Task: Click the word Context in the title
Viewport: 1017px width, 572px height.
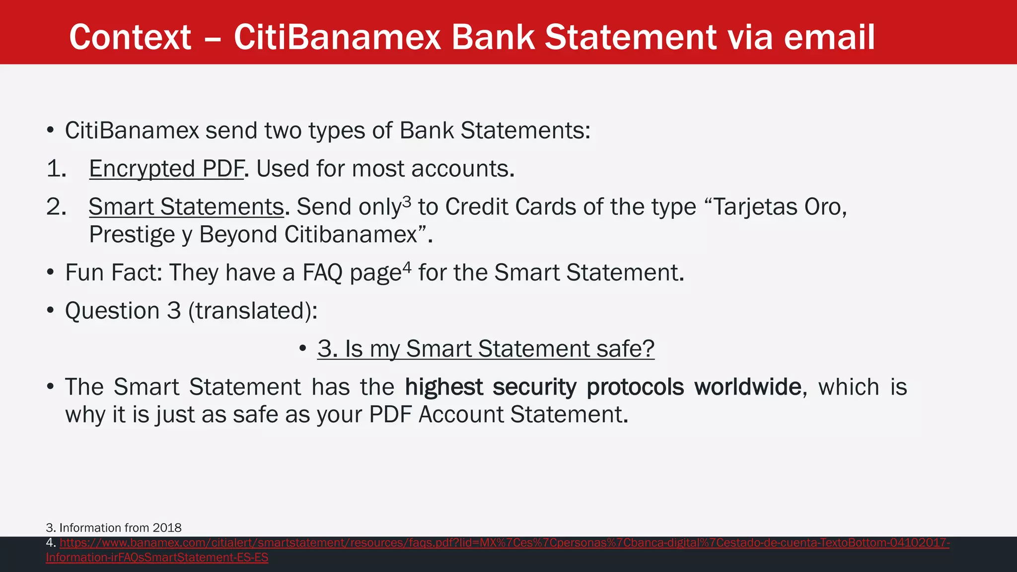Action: click(x=130, y=38)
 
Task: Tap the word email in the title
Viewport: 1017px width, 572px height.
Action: click(x=829, y=38)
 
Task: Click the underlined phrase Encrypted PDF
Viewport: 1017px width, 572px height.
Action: click(x=166, y=169)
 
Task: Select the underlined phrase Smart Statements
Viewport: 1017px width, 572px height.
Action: click(x=186, y=207)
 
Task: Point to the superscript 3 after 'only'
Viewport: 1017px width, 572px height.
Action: click(x=407, y=201)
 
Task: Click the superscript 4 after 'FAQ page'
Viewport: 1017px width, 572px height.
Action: click(x=407, y=267)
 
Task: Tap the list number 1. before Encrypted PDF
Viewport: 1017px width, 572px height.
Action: click(x=56, y=169)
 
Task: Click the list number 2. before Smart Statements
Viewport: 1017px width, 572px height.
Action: click(x=56, y=207)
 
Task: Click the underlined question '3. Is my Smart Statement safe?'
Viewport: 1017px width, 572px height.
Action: click(x=486, y=349)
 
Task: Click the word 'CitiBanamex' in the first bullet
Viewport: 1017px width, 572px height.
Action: click(x=132, y=131)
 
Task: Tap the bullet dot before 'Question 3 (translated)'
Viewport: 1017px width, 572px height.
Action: click(x=50, y=311)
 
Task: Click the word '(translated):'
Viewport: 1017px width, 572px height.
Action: click(x=253, y=311)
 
